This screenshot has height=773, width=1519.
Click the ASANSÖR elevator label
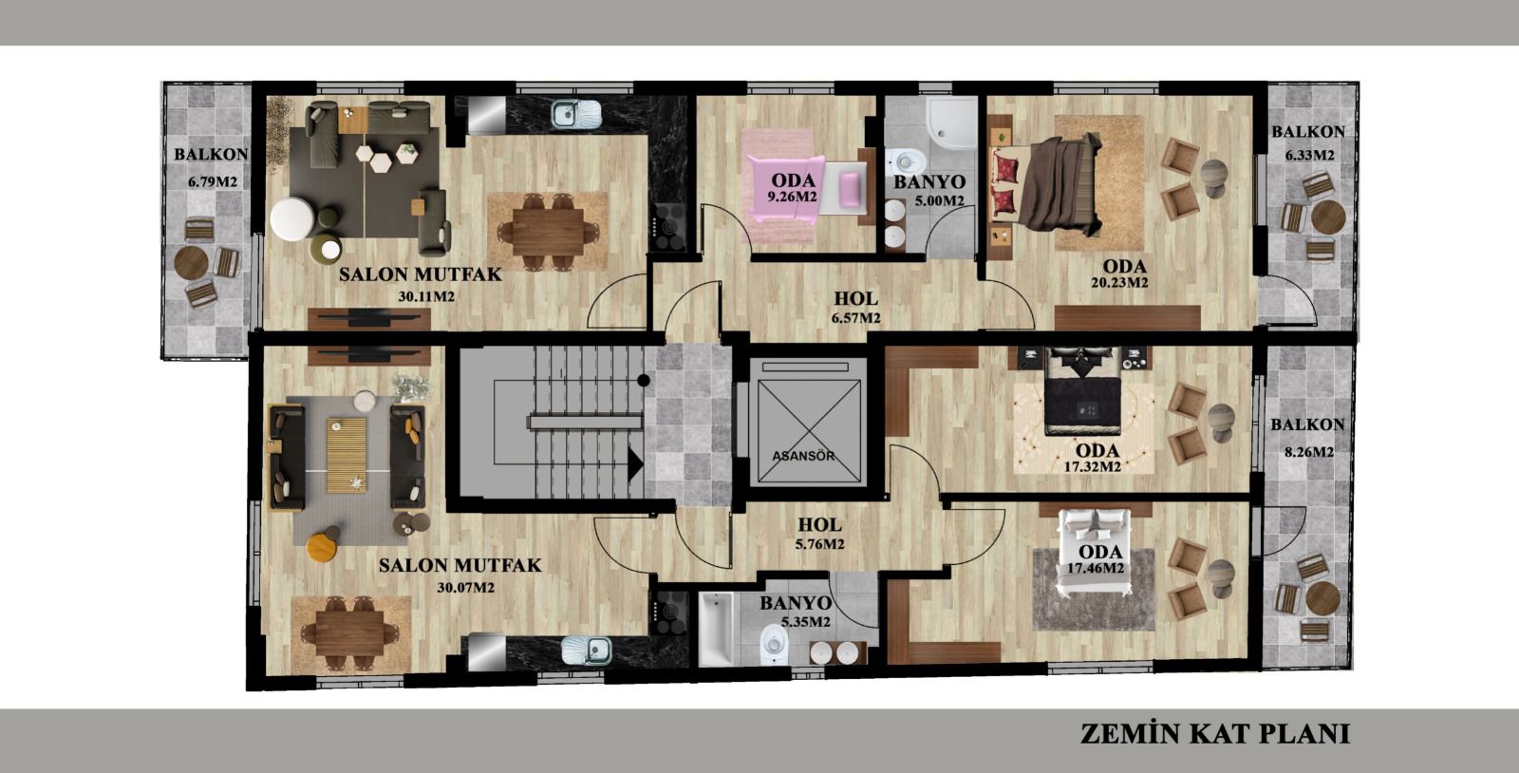coord(803,457)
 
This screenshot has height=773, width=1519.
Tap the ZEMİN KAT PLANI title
coord(1214,734)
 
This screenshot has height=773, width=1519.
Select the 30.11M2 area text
coord(426,296)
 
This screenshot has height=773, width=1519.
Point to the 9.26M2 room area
coord(792,198)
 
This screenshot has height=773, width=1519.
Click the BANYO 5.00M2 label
coord(929,191)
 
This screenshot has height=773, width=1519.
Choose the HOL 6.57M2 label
coord(855,307)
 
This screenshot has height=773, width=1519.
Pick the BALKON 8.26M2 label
coord(1307,438)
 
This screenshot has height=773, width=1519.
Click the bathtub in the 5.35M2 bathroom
coord(716,629)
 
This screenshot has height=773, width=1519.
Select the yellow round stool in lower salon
coord(322,547)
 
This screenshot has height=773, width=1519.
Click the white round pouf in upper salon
coord(292,218)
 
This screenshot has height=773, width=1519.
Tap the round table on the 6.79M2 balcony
coord(191,262)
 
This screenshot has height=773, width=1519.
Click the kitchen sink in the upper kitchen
coord(575,114)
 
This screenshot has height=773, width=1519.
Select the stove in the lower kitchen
coord(668,613)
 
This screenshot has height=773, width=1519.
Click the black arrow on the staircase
coord(635,464)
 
